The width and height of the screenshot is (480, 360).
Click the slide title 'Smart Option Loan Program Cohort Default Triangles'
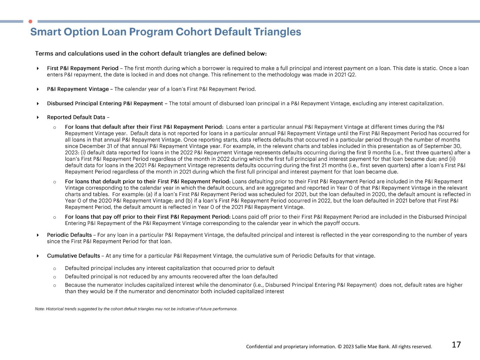[x=166, y=32]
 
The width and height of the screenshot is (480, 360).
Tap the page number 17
[x=456, y=345]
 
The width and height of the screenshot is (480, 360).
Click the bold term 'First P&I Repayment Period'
[x=83, y=68]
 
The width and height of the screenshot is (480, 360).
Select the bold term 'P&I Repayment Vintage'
[x=78, y=89]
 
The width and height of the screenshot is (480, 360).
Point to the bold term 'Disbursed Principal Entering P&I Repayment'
[x=105, y=103]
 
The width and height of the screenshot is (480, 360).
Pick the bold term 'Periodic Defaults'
[x=69, y=235]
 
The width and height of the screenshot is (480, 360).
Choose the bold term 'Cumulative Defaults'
[x=73, y=256]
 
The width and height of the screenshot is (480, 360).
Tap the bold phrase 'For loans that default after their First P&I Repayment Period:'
[x=144, y=127]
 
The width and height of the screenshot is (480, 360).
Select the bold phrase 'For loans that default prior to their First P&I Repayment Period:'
[x=148, y=181]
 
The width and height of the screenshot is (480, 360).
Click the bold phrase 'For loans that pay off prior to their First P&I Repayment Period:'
[x=148, y=217]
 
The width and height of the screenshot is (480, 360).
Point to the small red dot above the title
[x=30, y=21]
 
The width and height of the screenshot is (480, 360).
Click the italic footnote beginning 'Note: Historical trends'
[x=136, y=309]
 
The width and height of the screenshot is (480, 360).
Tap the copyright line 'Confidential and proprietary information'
[x=339, y=347]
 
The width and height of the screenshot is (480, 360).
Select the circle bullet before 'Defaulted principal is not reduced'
[x=55, y=277]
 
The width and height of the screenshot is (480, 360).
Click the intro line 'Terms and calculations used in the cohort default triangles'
[x=151, y=54]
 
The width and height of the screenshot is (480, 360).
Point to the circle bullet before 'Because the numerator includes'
[x=55, y=285]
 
